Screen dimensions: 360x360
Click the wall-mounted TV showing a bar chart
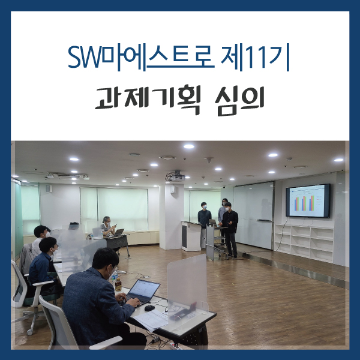308,200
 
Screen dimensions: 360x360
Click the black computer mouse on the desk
149,308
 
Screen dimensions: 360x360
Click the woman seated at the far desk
107,226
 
